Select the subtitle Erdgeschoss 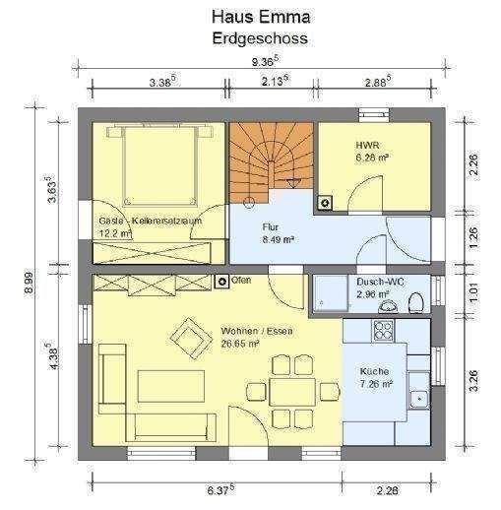click(259, 38)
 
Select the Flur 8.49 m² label click(279, 232)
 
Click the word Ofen click(241, 281)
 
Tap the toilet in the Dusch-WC click(415, 301)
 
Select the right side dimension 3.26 click(473, 380)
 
